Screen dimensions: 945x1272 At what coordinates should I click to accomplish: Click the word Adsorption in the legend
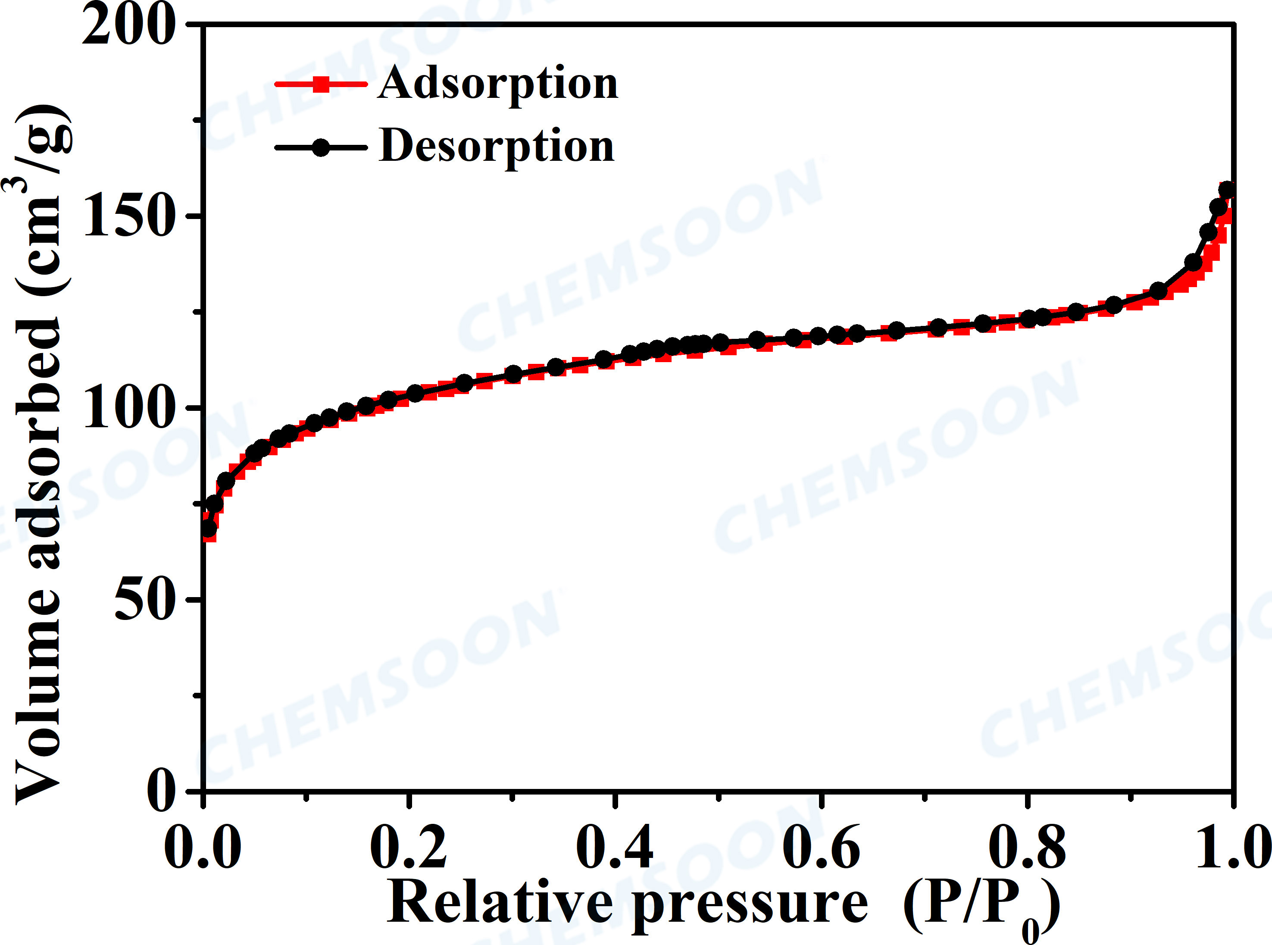(497, 84)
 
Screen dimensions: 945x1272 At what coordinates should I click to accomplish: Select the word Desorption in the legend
(497, 147)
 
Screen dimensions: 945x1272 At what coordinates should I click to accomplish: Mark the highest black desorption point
(1226, 190)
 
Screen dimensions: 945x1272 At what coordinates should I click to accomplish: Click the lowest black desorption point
(209, 528)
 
